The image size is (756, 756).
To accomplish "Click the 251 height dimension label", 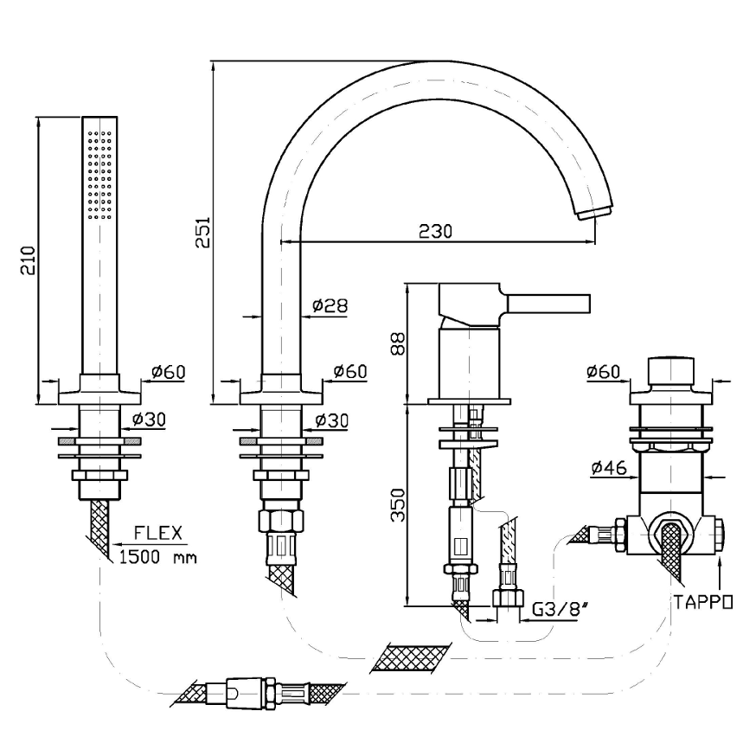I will (202, 233).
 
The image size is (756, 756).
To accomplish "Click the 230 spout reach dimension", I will (435, 232).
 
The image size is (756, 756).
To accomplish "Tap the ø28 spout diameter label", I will (329, 304).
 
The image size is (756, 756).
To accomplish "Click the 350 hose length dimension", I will (397, 504).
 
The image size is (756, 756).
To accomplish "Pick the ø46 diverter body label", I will (609, 468).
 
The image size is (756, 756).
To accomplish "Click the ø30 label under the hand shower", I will (149, 420).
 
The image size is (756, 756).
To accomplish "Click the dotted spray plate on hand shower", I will (99, 173).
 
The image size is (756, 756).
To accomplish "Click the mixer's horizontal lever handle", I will (548, 303).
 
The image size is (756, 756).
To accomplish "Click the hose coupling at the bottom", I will (251, 692).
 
